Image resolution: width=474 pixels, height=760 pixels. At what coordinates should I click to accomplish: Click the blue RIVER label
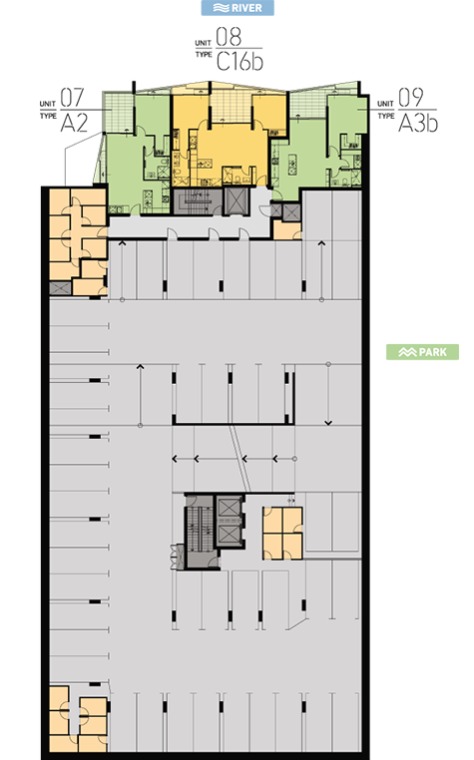(237, 8)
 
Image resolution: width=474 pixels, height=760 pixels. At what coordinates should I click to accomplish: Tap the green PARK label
(422, 352)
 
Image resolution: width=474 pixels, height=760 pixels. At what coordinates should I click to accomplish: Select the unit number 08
(229, 37)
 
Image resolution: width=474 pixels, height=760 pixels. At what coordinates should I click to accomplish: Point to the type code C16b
(239, 62)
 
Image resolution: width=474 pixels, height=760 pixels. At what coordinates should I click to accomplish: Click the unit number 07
(72, 98)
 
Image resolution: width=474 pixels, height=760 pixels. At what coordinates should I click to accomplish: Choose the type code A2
(74, 123)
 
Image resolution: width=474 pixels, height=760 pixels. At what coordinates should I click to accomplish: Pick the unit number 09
(410, 98)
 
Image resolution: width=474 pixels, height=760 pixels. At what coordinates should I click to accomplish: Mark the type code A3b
(418, 123)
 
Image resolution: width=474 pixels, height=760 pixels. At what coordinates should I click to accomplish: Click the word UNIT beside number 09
(386, 104)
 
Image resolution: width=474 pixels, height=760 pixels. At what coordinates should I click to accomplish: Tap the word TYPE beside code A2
(48, 116)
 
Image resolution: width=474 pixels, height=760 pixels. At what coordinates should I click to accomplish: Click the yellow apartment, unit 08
(229, 141)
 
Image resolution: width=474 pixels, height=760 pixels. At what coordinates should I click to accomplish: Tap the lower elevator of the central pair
(229, 535)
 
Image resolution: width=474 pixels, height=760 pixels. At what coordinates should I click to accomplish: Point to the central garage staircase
(200, 530)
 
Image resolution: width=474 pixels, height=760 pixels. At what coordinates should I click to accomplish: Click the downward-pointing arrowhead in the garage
(328, 423)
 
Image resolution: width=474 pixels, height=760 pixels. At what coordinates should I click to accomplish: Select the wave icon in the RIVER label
(222, 8)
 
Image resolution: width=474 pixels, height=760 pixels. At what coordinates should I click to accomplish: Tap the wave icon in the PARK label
(407, 352)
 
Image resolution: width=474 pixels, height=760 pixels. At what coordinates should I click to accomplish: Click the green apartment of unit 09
(320, 146)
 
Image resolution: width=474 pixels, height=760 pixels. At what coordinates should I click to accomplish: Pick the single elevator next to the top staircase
(237, 200)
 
